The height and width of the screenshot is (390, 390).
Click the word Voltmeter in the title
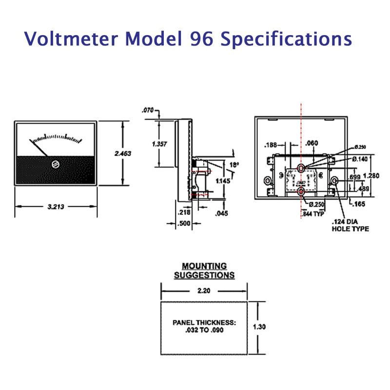[x=66, y=39]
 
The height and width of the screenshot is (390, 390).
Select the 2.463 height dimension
[x=123, y=153]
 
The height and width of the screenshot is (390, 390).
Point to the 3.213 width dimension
[x=56, y=206]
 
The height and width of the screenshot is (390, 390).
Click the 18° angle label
[x=234, y=165]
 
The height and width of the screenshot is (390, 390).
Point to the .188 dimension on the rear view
[x=271, y=145]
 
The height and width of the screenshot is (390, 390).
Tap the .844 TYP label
[x=312, y=213]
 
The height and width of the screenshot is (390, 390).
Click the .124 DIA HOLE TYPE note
[x=350, y=225]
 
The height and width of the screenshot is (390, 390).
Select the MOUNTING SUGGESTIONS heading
[x=204, y=271]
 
